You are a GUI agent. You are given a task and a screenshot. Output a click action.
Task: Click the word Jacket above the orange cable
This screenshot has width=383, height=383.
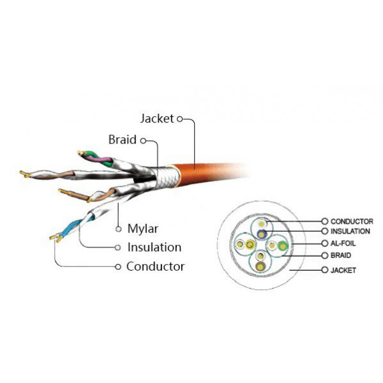pos(156,119)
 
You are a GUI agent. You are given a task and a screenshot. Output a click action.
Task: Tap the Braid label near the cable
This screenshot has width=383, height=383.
pos(122,140)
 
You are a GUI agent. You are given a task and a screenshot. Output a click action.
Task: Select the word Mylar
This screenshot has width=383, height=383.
pos(142,228)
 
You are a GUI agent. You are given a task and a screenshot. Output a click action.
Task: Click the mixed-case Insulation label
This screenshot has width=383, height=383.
pos(154,247)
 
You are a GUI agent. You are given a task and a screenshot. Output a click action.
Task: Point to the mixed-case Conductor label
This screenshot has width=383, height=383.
pos(155,266)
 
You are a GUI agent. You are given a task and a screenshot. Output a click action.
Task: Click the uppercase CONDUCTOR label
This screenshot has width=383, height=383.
pos(352,221)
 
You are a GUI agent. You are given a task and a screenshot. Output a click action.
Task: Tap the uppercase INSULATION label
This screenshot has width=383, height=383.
pos(350,231)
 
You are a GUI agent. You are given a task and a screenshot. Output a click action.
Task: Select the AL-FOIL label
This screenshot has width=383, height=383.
pos(345,244)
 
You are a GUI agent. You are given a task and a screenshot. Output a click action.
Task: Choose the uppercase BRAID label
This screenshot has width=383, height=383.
pos(342,255)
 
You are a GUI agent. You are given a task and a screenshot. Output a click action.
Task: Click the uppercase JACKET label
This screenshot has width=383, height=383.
pos(343,270)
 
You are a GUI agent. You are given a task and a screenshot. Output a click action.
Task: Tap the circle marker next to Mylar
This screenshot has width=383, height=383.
pos(118,228)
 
